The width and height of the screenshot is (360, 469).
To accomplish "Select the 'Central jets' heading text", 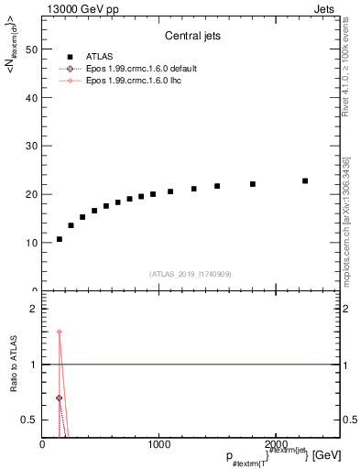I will click(x=190, y=38).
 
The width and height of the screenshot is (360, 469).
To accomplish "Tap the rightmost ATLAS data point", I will click(x=305, y=180).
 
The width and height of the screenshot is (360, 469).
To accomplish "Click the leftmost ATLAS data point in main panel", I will click(x=60, y=239).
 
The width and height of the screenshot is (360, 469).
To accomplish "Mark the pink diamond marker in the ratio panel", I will click(x=60, y=333).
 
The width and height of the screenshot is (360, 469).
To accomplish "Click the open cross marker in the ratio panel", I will click(x=60, y=398).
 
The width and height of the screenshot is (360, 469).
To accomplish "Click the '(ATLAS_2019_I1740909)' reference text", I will click(x=190, y=273).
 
